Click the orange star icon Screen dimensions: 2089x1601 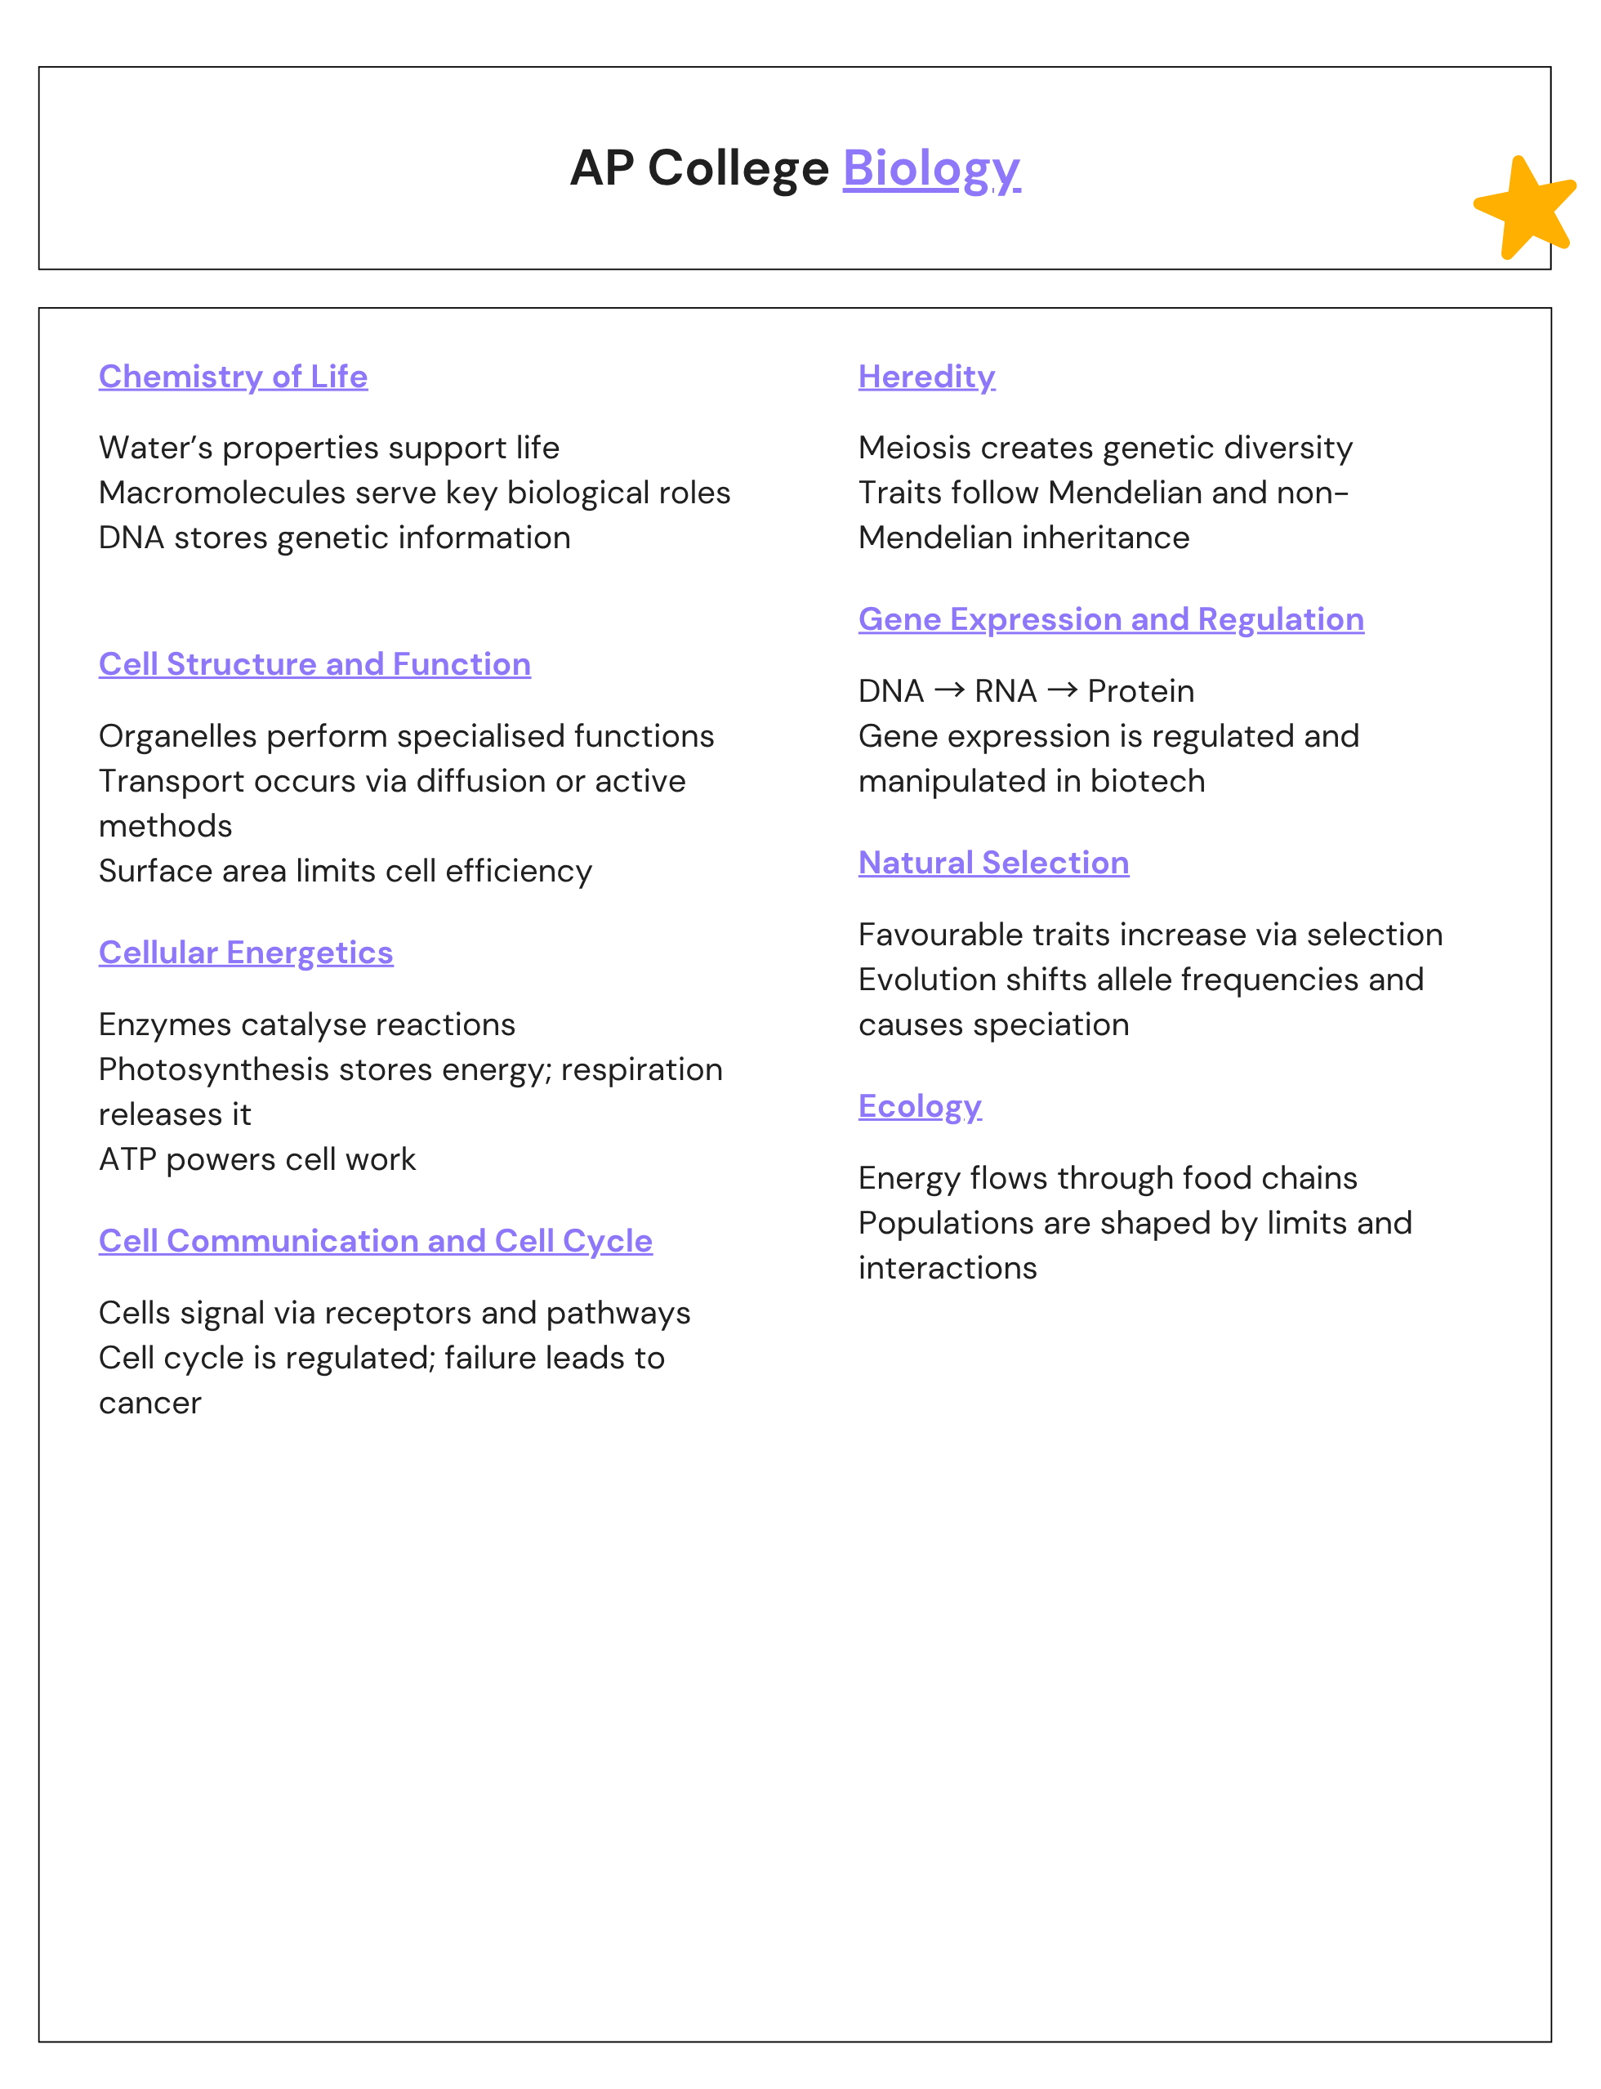[x=1525, y=208]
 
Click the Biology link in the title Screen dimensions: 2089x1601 [x=931, y=168]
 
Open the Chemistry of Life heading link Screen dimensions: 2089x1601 [x=234, y=377]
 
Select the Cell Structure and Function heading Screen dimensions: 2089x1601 [x=314, y=664]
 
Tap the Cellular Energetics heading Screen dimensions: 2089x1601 [x=246, y=953]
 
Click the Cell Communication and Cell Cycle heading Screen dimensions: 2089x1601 [x=376, y=1241]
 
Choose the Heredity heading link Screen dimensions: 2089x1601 [x=926, y=377]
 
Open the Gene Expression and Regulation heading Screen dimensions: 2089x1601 [x=1111, y=619]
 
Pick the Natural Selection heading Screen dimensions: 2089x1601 [x=994, y=863]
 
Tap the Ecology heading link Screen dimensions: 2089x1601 [x=920, y=1106]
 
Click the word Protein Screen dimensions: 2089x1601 [x=1140, y=691]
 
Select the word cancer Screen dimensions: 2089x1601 [x=150, y=1404]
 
